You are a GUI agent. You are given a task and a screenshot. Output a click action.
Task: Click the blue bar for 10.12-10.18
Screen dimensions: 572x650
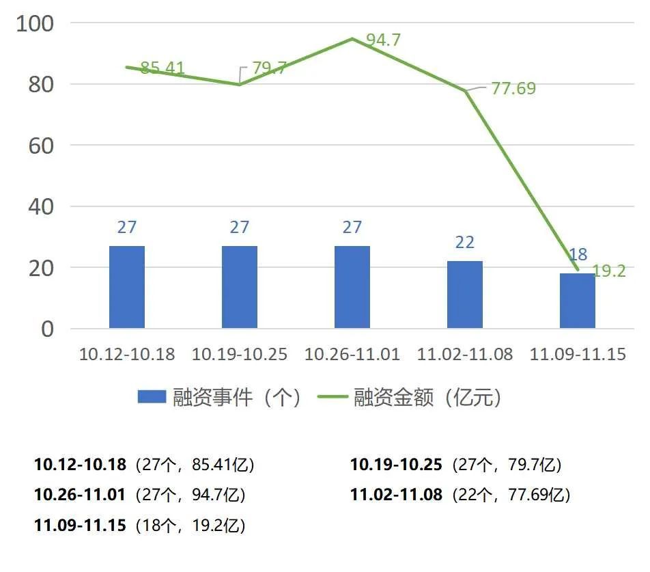[x=127, y=287]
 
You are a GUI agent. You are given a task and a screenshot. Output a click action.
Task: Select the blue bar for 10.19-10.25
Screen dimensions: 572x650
[x=240, y=287]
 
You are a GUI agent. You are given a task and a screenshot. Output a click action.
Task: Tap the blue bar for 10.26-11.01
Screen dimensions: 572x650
[x=352, y=287]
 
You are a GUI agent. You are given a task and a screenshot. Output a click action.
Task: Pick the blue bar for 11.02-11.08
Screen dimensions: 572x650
[x=465, y=295]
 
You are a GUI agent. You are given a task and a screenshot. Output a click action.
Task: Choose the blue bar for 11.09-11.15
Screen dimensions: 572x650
[x=578, y=301]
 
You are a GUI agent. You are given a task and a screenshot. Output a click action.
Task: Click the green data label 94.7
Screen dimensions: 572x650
[x=383, y=40]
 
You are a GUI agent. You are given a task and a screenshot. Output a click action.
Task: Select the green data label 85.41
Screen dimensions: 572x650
[x=162, y=68]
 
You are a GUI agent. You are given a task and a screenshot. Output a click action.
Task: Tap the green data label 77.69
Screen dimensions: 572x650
[x=513, y=88]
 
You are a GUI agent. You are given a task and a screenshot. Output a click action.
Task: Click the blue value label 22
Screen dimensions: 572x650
[x=465, y=243]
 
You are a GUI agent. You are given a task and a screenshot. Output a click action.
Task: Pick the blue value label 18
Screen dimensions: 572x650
[x=578, y=255]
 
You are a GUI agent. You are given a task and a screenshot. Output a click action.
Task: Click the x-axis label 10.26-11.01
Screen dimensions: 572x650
[x=352, y=355]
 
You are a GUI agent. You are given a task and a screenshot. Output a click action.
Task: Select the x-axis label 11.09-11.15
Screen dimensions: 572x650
[x=578, y=355]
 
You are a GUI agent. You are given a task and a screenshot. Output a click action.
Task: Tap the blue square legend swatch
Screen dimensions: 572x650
[x=152, y=397]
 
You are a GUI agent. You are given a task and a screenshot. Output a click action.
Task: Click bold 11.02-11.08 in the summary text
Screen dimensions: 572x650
[x=396, y=494]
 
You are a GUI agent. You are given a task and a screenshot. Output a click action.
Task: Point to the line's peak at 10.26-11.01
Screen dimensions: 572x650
[x=352, y=38]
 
